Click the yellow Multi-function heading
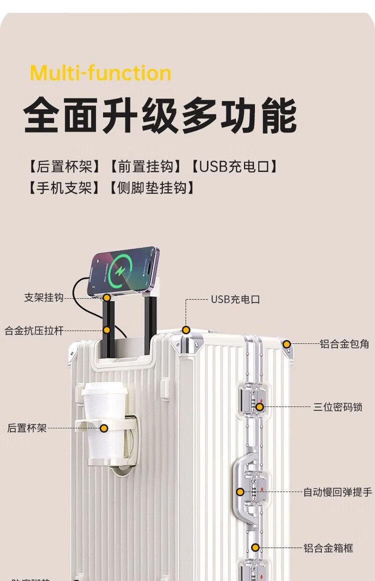coord(100,73)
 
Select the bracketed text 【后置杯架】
coord(64,166)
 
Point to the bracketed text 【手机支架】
coord(64,188)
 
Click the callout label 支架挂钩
coord(44,297)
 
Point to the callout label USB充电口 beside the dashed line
coord(235,300)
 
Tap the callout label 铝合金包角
coord(344,344)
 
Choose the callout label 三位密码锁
coord(337,407)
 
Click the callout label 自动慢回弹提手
coord(337,492)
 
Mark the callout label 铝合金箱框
coord(328,548)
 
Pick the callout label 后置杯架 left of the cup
coord(27,428)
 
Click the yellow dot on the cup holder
coord(104,428)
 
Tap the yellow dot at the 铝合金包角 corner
coord(286,344)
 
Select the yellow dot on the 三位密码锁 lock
coord(259,407)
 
